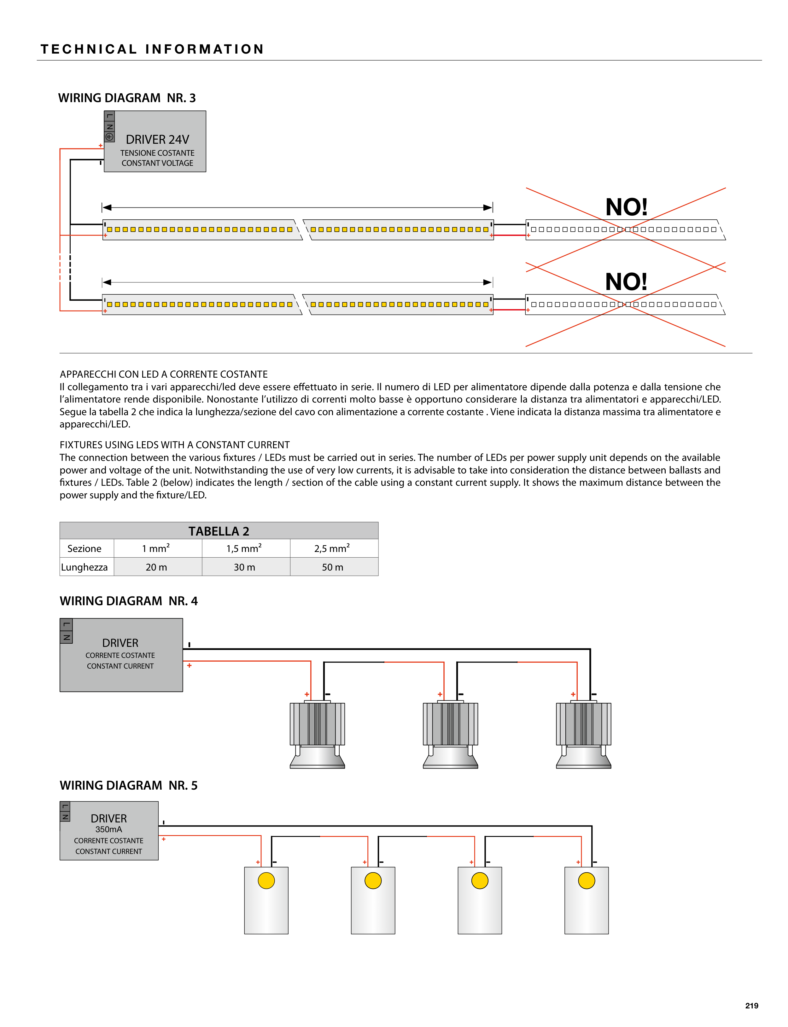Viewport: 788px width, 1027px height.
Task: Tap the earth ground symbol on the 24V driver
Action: [109, 137]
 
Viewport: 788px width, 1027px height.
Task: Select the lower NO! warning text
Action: [626, 282]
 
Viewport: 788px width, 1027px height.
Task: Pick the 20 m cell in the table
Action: [156, 567]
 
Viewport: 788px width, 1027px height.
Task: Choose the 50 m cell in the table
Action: [333, 567]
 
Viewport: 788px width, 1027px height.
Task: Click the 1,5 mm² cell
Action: [244, 548]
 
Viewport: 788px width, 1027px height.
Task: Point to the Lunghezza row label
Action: [85, 567]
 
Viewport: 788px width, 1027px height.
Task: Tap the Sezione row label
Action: [85, 548]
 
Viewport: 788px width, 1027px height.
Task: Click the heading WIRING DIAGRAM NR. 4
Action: [129, 601]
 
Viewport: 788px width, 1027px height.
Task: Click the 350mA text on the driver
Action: [108, 829]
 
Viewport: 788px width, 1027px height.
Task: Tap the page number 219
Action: [751, 1006]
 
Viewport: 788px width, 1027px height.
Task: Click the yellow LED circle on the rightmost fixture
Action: [586, 881]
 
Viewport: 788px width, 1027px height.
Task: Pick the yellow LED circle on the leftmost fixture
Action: [266, 881]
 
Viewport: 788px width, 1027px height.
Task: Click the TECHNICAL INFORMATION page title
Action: [152, 49]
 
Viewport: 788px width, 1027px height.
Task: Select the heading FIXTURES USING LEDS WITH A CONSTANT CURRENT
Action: [174, 444]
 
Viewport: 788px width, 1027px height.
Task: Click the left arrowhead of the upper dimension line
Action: [107, 207]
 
